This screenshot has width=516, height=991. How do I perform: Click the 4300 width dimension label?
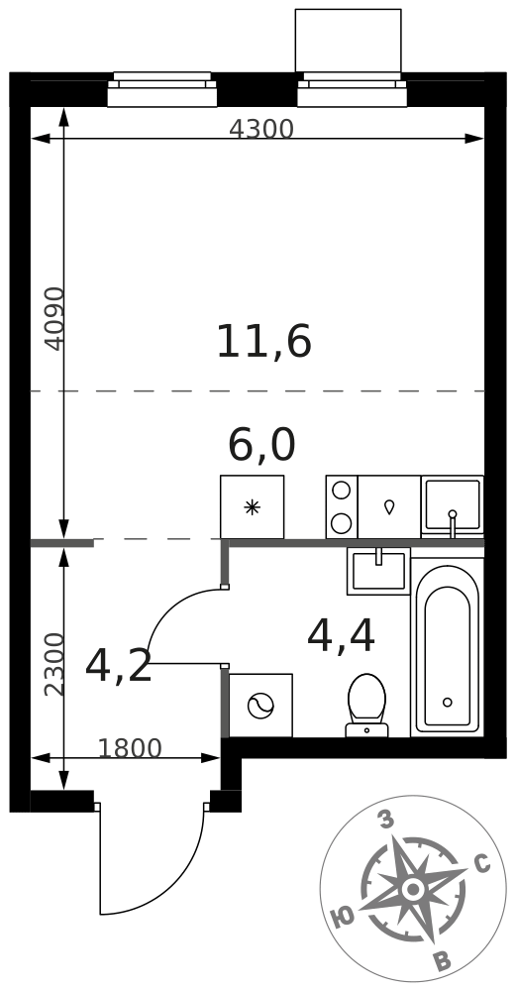click(260, 129)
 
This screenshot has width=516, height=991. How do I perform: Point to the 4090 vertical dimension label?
click(54, 318)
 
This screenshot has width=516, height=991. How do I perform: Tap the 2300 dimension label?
click(54, 664)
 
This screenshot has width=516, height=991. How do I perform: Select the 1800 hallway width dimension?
click(130, 748)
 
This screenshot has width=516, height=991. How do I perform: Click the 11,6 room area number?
click(264, 342)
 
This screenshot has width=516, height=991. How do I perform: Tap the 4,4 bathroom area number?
click(341, 636)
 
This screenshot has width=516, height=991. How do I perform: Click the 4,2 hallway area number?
click(119, 666)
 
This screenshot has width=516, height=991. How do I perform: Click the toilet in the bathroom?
click(367, 706)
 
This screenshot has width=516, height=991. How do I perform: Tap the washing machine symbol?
click(260, 706)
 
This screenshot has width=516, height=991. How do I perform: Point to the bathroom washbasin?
click(378, 572)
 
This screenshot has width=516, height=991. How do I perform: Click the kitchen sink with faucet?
click(453, 506)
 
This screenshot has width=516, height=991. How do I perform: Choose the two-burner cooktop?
click(342, 506)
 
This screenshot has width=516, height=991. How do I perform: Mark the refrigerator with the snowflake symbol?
click(252, 506)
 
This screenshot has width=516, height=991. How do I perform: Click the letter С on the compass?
click(482, 863)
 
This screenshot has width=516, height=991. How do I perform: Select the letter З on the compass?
click(385, 821)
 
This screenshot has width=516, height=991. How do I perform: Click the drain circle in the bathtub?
click(447, 703)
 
